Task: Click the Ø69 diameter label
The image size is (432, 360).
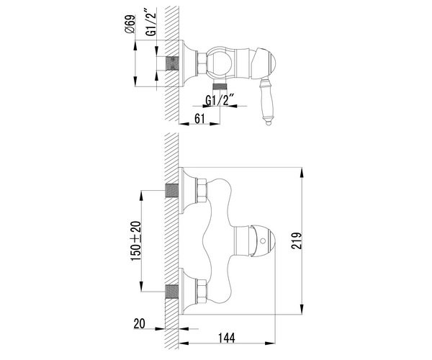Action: (130, 24)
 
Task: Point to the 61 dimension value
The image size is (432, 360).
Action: (199, 118)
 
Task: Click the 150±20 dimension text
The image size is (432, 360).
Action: (136, 241)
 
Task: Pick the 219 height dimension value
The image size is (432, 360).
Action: (297, 240)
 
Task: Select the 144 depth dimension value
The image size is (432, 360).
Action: (227, 338)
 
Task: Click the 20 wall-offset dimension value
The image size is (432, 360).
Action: (139, 324)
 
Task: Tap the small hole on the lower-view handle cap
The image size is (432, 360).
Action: (263, 241)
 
